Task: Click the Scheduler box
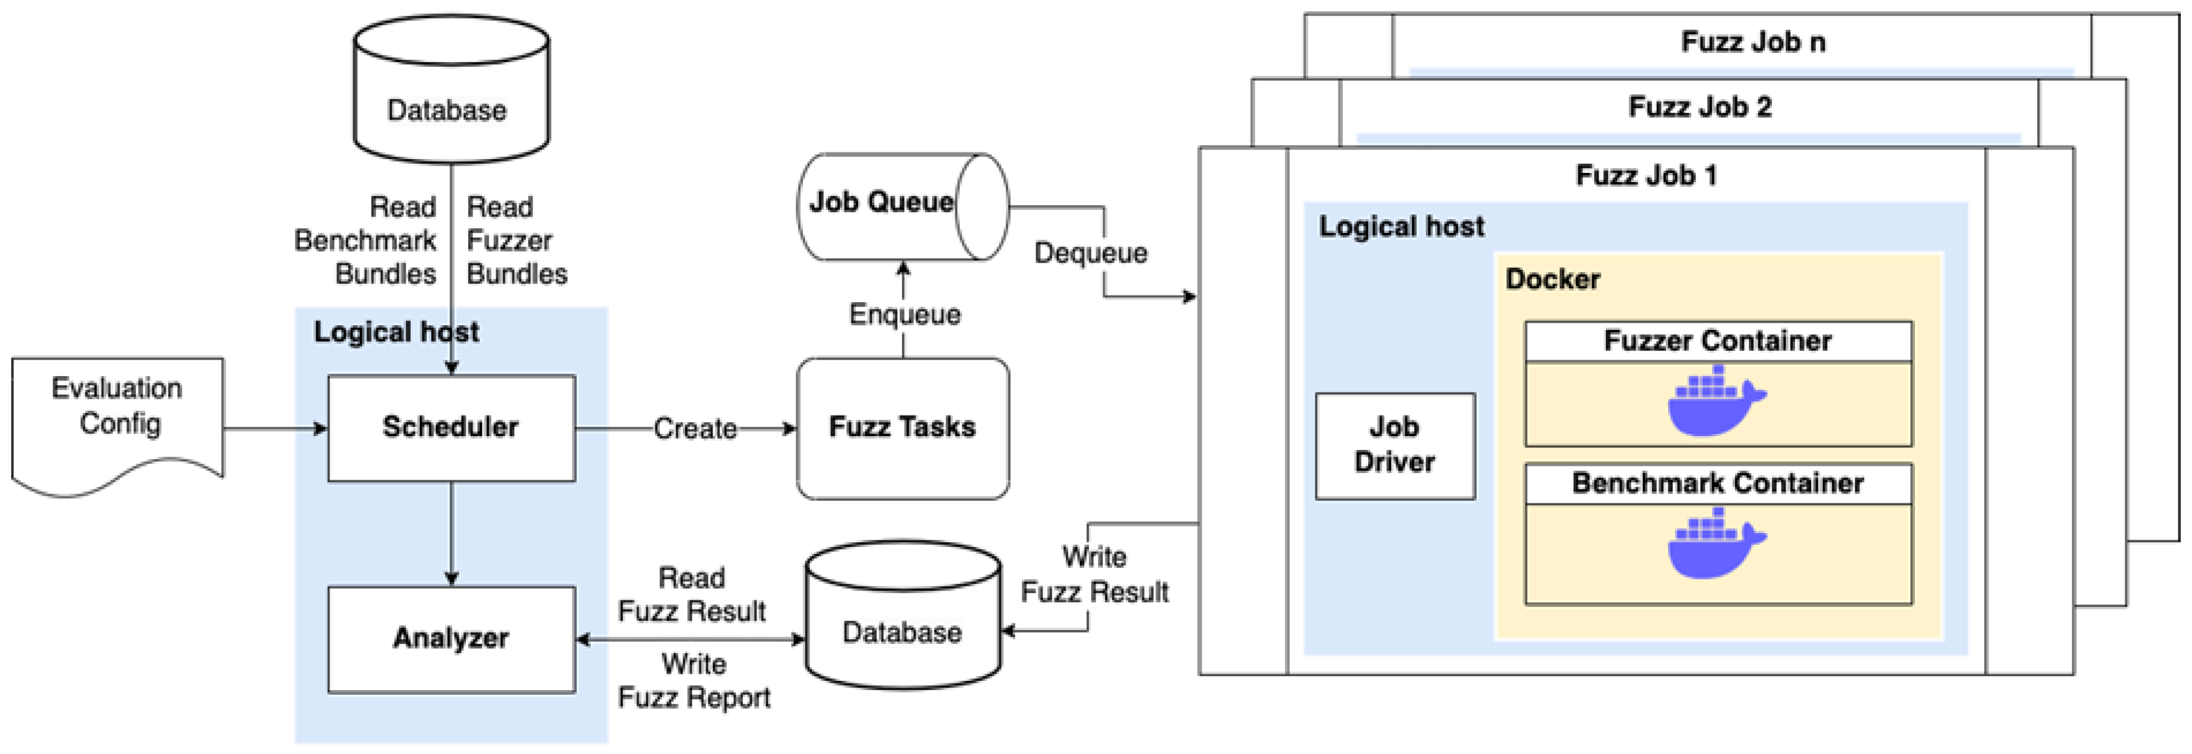[451, 427]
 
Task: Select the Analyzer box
[451, 639]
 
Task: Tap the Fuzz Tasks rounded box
[902, 427]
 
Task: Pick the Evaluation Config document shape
[117, 417]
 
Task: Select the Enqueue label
[904, 314]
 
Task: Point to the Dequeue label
[1090, 253]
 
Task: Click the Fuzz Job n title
[1753, 42]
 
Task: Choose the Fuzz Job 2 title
[1700, 108]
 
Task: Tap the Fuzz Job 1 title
[1645, 175]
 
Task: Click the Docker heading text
[1551, 279]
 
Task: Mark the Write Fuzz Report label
[694, 681]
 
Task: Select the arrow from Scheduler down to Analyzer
[451, 532]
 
